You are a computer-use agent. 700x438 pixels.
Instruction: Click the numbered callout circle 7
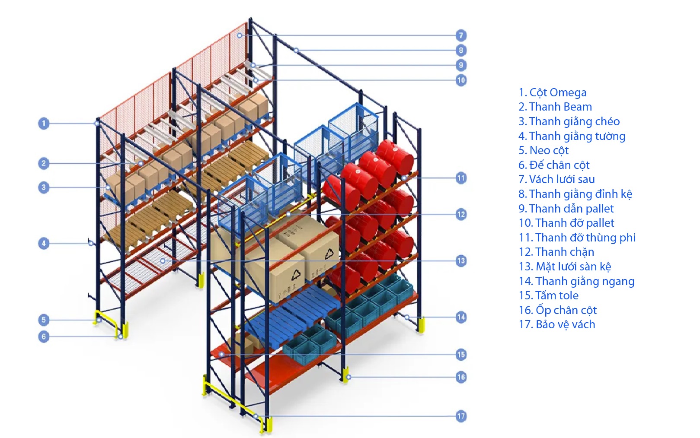[461, 35]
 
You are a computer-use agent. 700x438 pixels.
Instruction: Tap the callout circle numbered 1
[43, 124]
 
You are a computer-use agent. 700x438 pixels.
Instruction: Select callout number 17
[461, 416]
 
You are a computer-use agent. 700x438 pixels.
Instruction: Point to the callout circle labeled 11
[461, 178]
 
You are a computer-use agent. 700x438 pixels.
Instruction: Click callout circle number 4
[43, 244]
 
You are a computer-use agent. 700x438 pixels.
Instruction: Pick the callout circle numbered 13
[461, 261]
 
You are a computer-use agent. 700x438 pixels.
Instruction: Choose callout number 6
[43, 336]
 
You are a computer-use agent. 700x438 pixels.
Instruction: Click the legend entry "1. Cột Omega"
[552, 92]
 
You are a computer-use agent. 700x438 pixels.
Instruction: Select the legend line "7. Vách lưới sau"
[556, 179]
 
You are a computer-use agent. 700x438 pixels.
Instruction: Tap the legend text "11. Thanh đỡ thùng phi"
[577, 238]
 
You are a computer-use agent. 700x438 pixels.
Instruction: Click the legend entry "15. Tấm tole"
[548, 295]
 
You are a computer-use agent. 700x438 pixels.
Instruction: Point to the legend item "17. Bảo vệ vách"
[556, 324]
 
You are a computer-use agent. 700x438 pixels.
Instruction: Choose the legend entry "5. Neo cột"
[543, 150]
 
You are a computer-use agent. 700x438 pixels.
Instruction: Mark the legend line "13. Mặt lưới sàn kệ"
[565, 267]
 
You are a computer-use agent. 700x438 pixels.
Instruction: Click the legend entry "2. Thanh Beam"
[555, 107]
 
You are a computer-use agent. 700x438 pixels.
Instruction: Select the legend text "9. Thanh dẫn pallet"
[566, 209]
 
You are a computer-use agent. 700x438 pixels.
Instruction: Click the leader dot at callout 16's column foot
[348, 377]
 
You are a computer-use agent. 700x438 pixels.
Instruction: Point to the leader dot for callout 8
[296, 50]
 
